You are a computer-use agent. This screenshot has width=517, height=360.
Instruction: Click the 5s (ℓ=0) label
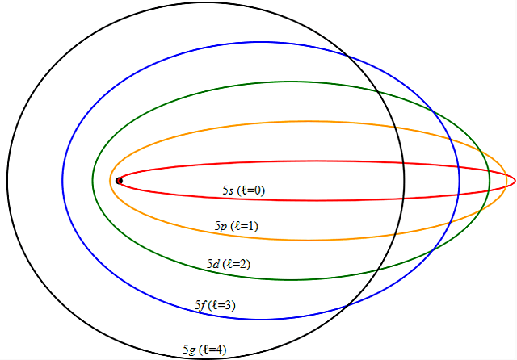point(243,190)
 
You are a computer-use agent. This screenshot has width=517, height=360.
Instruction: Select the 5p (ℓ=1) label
point(236,226)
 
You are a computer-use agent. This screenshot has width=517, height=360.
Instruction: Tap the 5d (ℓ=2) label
point(228,264)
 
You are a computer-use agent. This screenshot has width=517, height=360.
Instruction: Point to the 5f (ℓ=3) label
point(215,305)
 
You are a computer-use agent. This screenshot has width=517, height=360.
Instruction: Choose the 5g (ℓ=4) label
point(204,350)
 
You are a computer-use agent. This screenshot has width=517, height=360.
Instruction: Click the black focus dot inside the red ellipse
point(120,181)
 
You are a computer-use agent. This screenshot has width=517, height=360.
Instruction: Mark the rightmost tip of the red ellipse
point(515,181)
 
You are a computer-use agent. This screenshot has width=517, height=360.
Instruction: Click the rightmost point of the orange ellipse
point(506,181)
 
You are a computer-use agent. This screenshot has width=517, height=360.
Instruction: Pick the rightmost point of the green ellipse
point(490,181)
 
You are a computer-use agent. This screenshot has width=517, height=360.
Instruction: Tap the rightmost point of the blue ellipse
point(460,181)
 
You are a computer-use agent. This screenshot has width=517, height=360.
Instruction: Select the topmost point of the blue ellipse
point(261,41)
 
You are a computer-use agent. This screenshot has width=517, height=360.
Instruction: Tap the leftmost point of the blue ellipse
point(62,181)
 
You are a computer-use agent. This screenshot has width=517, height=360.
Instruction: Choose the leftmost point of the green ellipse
point(93,181)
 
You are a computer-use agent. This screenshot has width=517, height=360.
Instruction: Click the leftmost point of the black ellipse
point(6,181)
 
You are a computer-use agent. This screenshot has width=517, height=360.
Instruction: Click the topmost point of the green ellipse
point(291,82)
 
